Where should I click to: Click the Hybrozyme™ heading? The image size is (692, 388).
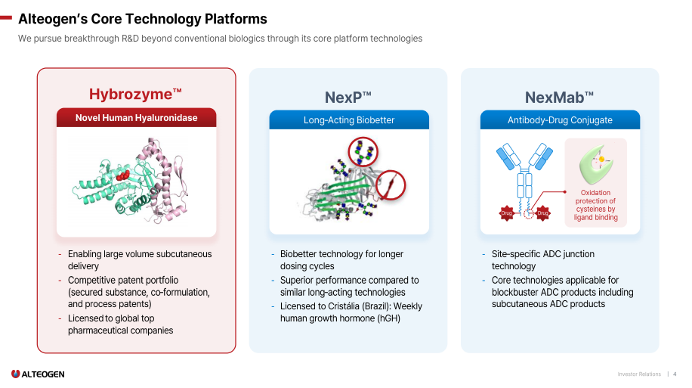click(136, 95)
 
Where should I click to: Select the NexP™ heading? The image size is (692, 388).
click(348, 98)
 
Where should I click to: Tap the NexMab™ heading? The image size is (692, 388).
click(559, 98)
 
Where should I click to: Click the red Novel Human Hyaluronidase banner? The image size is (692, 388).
click(136, 118)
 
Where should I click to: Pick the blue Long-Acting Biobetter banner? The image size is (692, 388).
click(349, 120)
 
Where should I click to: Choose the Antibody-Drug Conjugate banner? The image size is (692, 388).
click(560, 120)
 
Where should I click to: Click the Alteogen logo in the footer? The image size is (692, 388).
click(38, 374)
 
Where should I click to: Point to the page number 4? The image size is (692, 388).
click(675, 374)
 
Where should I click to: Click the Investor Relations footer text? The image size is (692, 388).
click(639, 374)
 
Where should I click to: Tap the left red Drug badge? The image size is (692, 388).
click(507, 214)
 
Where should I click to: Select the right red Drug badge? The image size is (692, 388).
click(542, 214)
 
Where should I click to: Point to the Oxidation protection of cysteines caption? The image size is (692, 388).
click(595, 205)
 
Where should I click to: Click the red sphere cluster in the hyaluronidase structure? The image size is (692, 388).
click(122, 175)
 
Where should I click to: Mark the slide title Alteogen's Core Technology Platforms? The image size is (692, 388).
click(142, 19)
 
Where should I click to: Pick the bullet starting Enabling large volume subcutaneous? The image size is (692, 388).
click(139, 260)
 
